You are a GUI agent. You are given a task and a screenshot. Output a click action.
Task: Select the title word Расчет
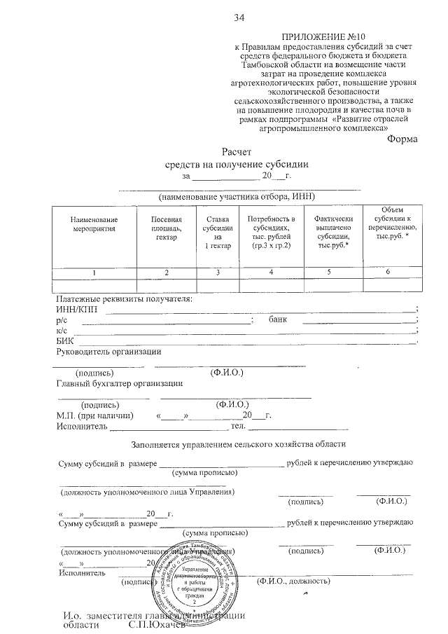point(236,151)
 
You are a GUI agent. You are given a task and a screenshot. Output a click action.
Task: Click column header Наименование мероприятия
point(90,223)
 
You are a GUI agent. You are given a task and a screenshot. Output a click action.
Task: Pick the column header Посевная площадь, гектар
point(164,228)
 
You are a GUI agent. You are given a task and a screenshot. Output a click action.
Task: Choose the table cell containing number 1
point(90,272)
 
